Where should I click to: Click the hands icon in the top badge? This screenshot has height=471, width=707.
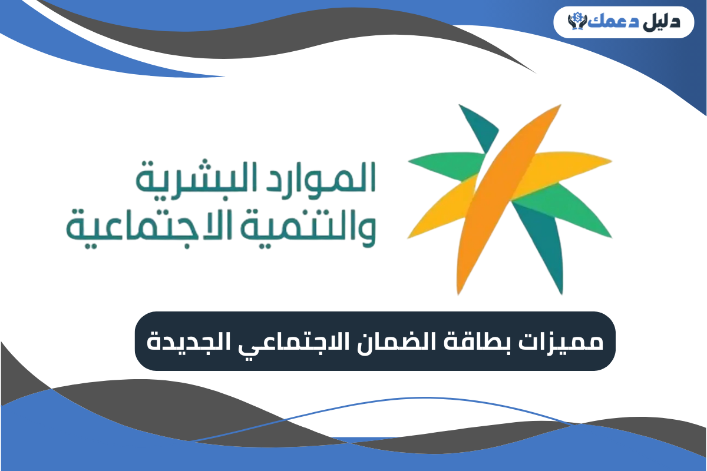click(x=574, y=22)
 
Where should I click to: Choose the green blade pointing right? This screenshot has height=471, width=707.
click(x=566, y=221)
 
